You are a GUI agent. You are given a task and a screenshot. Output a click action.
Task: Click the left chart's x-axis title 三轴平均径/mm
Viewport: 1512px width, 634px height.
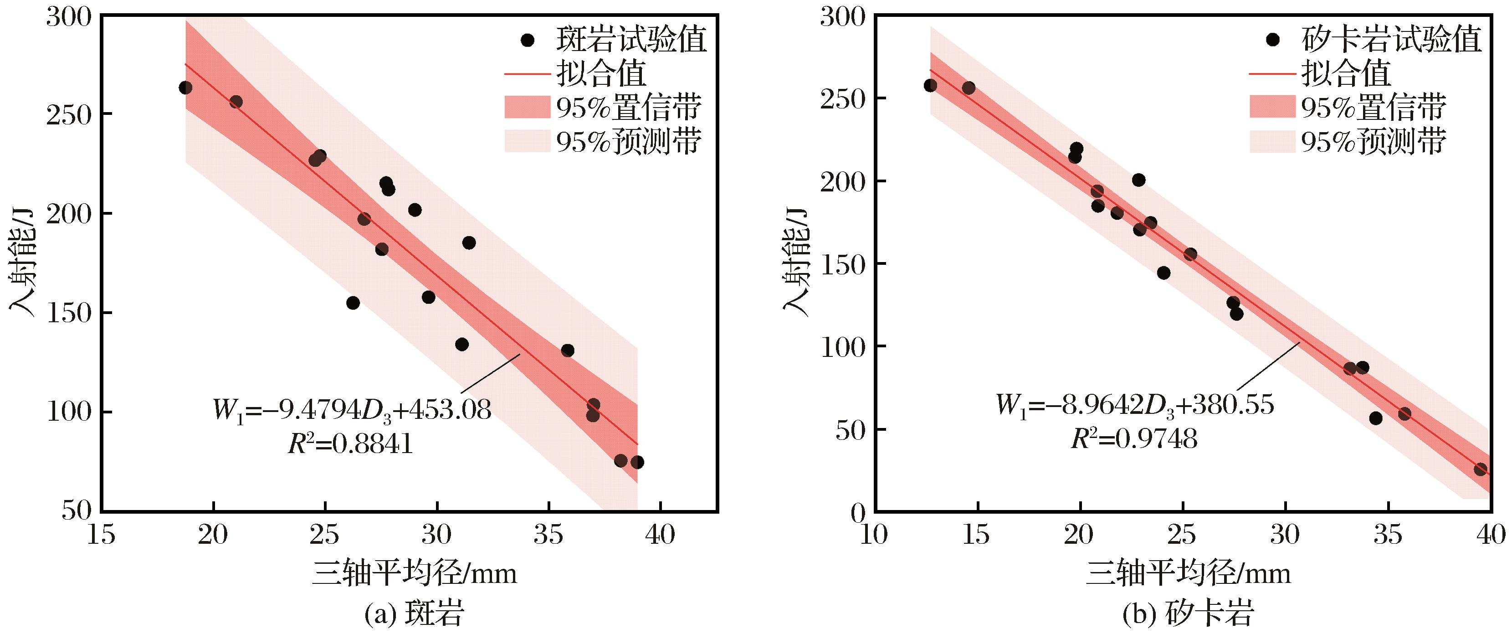[415, 572]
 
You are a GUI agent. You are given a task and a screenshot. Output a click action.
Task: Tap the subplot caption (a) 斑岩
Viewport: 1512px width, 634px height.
[415, 614]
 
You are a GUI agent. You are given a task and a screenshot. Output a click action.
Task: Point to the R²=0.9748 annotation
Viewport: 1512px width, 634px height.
[1134, 438]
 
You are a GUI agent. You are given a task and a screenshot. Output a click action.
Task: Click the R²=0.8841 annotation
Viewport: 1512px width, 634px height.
[350, 444]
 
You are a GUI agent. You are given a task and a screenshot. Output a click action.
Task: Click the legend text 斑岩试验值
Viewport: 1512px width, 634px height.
[631, 40]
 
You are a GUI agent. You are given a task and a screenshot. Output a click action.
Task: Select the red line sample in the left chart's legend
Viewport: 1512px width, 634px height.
[527, 74]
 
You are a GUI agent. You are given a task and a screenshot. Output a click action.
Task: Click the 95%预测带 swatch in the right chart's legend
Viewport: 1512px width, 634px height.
[1272, 141]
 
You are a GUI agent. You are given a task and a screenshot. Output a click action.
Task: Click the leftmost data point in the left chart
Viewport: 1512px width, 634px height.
[185, 88]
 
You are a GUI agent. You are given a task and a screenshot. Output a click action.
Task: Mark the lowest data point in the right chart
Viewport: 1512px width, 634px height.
[1481, 469]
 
